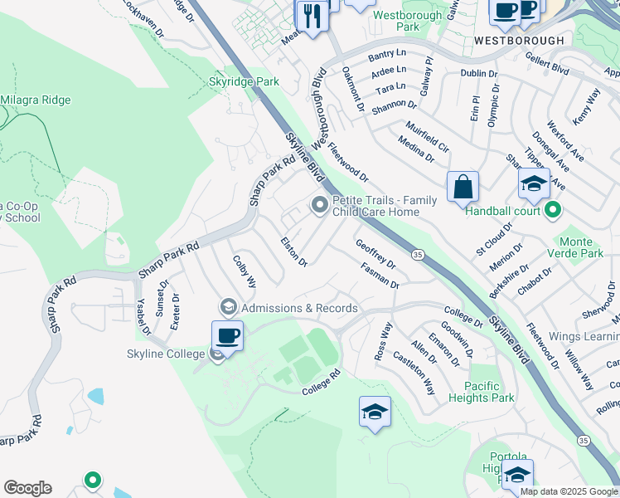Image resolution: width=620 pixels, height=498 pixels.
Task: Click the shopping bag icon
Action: (463, 187)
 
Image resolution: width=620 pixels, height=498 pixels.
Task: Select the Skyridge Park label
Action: (244, 82)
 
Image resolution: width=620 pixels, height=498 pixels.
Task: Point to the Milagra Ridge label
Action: (35, 100)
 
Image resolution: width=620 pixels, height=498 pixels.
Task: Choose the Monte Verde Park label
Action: (587, 248)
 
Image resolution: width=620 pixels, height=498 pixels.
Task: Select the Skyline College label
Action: (166, 354)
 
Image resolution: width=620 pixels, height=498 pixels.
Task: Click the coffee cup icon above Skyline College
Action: (227, 335)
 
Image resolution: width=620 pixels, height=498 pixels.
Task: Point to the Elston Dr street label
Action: (294, 252)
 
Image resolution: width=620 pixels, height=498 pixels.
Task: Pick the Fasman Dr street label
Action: (380, 276)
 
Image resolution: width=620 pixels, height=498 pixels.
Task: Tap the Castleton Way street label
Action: (414, 373)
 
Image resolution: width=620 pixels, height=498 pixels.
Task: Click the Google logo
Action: (27, 488)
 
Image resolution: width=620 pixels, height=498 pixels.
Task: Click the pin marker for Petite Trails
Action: (319, 205)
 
